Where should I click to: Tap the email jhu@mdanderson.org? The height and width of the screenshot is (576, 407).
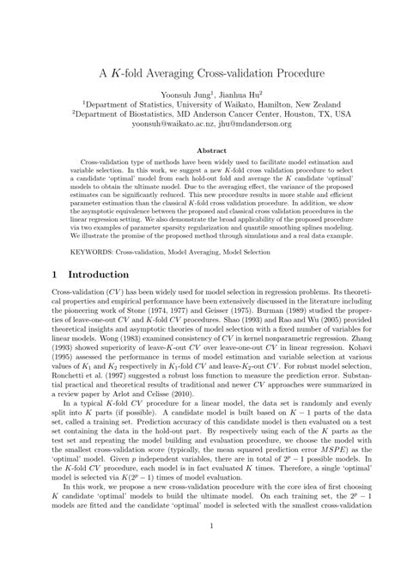click(247, 123)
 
